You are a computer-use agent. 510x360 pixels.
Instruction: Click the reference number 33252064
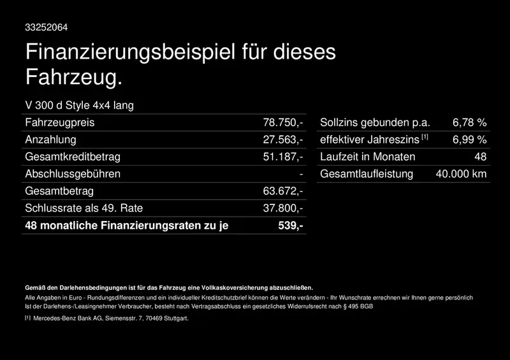click(x=46, y=27)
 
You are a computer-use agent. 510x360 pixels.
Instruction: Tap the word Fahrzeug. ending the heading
click(x=73, y=78)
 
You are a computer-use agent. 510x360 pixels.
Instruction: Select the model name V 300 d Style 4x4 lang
click(x=79, y=105)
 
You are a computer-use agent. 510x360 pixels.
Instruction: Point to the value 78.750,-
click(x=283, y=122)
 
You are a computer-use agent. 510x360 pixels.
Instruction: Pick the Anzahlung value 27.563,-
click(x=283, y=140)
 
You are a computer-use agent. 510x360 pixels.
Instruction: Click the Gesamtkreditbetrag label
click(x=72, y=157)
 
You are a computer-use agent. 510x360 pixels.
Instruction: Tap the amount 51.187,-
click(x=283, y=157)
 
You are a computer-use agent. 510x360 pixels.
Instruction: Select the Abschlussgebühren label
click(x=72, y=174)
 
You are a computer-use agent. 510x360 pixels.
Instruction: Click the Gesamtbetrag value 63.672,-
click(x=283, y=191)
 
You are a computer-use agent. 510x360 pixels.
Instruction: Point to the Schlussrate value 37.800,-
click(x=283, y=208)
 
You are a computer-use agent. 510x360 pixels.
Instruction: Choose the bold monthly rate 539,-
click(x=291, y=226)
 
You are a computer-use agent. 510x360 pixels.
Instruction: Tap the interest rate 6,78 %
click(x=469, y=122)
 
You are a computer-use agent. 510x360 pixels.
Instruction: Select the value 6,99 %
click(x=469, y=140)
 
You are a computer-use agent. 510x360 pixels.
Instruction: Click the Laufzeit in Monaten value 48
click(x=481, y=157)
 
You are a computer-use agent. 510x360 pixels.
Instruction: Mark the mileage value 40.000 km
click(x=461, y=174)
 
